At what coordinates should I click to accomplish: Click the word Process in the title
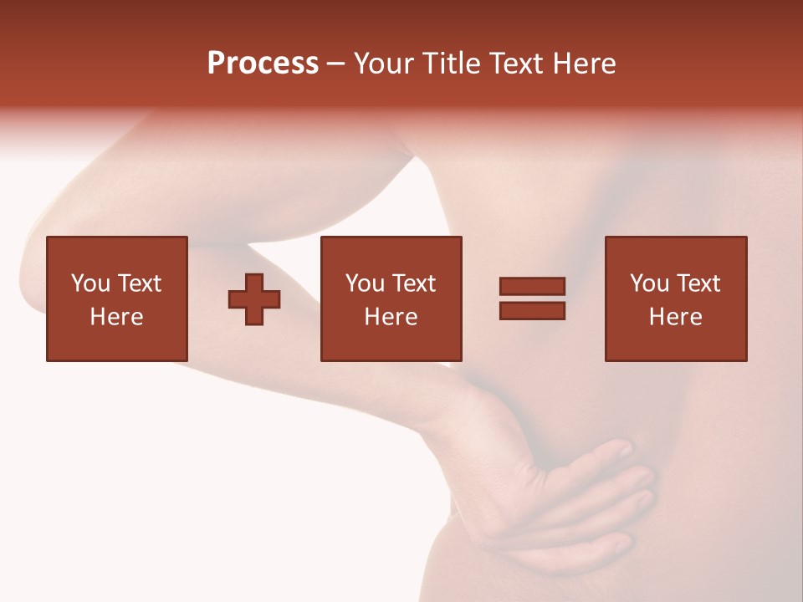[263, 64]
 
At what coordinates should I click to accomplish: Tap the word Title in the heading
[450, 64]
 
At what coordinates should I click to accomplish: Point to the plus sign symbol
[254, 299]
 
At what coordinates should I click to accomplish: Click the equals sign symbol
[532, 298]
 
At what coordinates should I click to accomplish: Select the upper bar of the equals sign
[532, 287]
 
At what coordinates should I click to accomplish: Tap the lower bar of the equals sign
[532, 310]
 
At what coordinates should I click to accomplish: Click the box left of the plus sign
[116, 298]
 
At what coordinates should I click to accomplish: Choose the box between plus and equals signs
[391, 298]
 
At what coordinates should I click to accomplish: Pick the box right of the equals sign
[675, 298]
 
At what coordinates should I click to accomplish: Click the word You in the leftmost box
[90, 283]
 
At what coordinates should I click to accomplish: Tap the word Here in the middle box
[391, 316]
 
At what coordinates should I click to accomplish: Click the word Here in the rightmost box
[675, 316]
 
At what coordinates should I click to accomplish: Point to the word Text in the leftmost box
[139, 283]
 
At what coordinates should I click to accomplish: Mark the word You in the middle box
[364, 283]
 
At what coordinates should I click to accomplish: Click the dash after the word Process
[336, 64]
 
